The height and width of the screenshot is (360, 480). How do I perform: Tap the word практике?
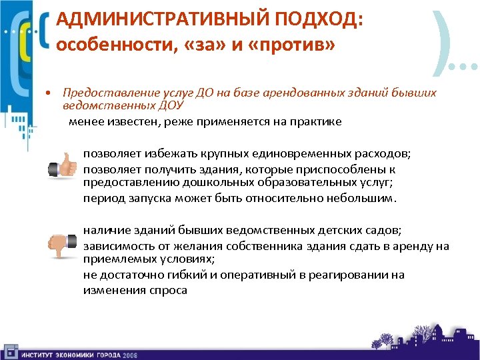316,121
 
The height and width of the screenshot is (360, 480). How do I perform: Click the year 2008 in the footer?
129,355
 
